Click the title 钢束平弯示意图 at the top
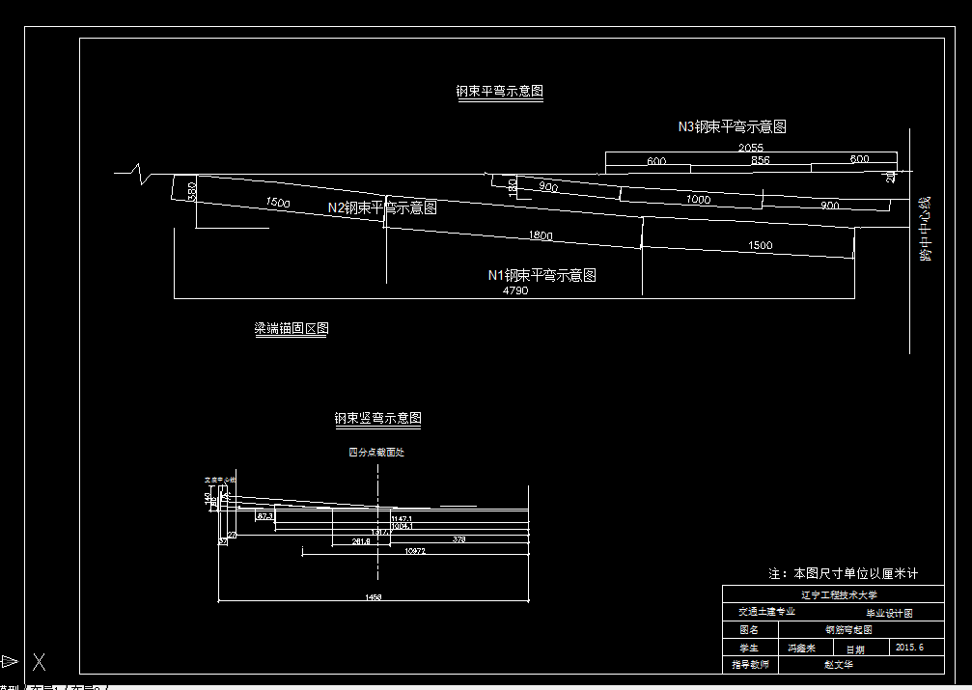[x=500, y=92]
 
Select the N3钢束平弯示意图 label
[x=732, y=126]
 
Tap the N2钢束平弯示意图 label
[x=382, y=207]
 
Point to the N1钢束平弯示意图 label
[x=542, y=275]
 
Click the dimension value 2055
[x=751, y=148]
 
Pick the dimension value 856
[x=760, y=160]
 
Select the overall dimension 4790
[x=514, y=290]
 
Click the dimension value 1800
[x=541, y=236]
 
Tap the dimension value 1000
[x=698, y=200]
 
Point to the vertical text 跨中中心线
[x=926, y=230]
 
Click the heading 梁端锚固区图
[x=291, y=329]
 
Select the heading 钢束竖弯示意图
[x=377, y=419]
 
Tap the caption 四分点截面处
[x=375, y=452]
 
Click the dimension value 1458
[x=373, y=597]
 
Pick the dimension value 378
[x=458, y=539]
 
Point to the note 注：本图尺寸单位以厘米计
[x=843, y=573]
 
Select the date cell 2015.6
[x=909, y=647]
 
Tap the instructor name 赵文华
[x=838, y=664]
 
